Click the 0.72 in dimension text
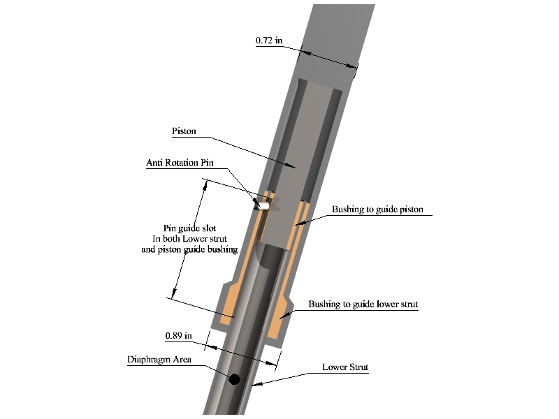coord(269,41)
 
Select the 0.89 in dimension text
coord(179,336)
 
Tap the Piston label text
coord(184,131)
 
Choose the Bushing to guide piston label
coord(377,209)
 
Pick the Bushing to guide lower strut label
coord(363,304)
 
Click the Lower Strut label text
coord(345,367)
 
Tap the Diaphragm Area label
coord(159,360)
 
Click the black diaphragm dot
coord(234,379)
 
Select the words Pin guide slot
coord(189,228)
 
